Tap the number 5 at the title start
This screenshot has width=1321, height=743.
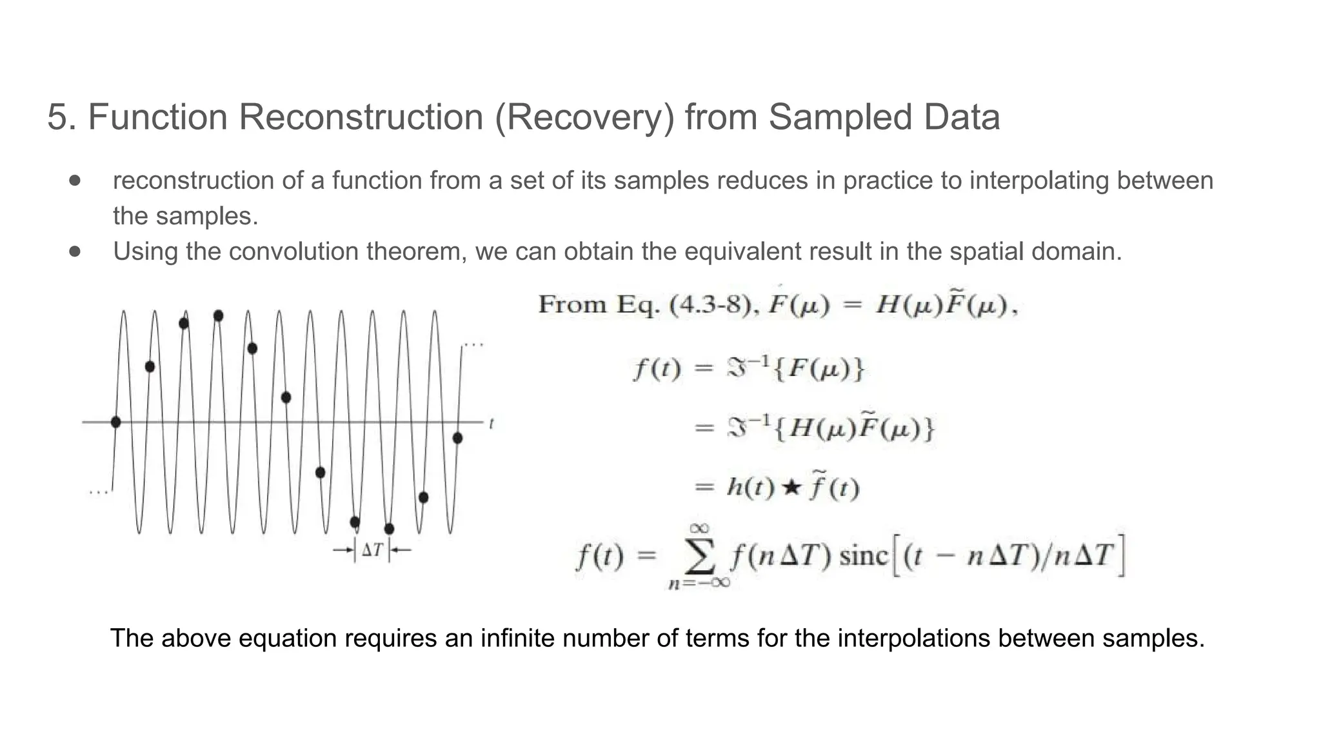pyautogui.click(x=58, y=117)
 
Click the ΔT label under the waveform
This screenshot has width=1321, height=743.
pyautogui.click(x=372, y=550)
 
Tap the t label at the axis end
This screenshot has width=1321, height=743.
pyautogui.click(x=492, y=424)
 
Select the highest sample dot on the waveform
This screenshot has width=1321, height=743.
pyautogui.click(x=219, y=315)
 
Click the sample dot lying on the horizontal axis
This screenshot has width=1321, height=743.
pyautogui.click(x=116, y=422)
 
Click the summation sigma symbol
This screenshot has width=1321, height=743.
pyautogui.click(x=700, y=557)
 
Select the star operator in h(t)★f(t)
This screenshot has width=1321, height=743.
pyautogui.click(x=791, y=488)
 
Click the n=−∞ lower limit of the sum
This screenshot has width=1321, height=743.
pyautogui.click(x=699, y=584)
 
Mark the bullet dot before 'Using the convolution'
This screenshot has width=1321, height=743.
pyautogui.click(x=75, y=251)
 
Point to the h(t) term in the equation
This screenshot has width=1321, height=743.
pyautogui.click(x=750, y=488)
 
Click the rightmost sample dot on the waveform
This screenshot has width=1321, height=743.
pyautogui.click(x=458, y=438)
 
